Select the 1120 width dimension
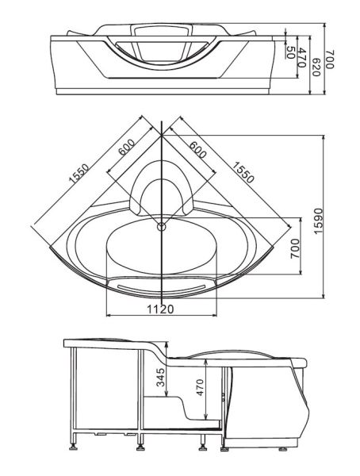(161, 309)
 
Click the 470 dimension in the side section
(201, 389)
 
